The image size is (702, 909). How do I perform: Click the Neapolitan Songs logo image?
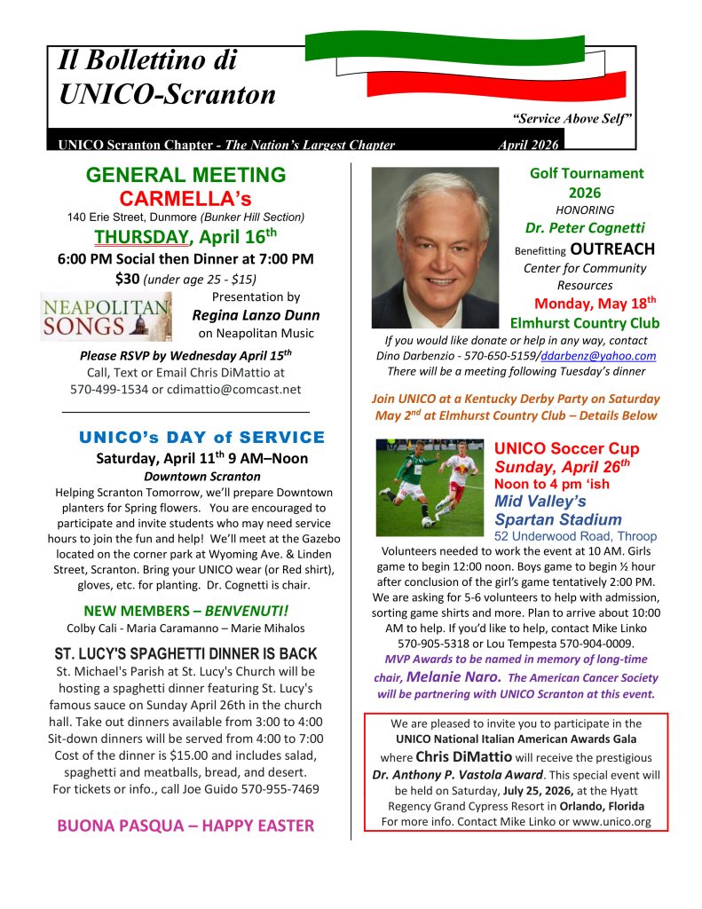tap(106, 317)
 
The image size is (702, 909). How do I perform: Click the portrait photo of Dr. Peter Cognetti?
tap(435, 248)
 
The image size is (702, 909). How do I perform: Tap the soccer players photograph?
tap(429, 486)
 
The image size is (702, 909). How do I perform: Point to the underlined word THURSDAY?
tap(141, 237)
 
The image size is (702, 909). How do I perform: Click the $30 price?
tap(128, 279)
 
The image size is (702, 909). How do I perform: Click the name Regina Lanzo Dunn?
tap(256, 315)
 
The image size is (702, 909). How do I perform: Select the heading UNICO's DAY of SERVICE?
tap(202, 438)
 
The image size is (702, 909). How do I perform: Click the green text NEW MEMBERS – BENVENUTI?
tap(185, 611)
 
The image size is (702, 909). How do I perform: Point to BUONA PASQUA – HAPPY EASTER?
tap(185, 826)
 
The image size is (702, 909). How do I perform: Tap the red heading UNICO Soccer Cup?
tap(566, 449)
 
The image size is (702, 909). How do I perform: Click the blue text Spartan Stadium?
tap(557, 519)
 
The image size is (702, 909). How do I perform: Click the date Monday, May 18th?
tap(593, 304)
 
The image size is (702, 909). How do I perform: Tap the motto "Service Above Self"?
tap(572, 118)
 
